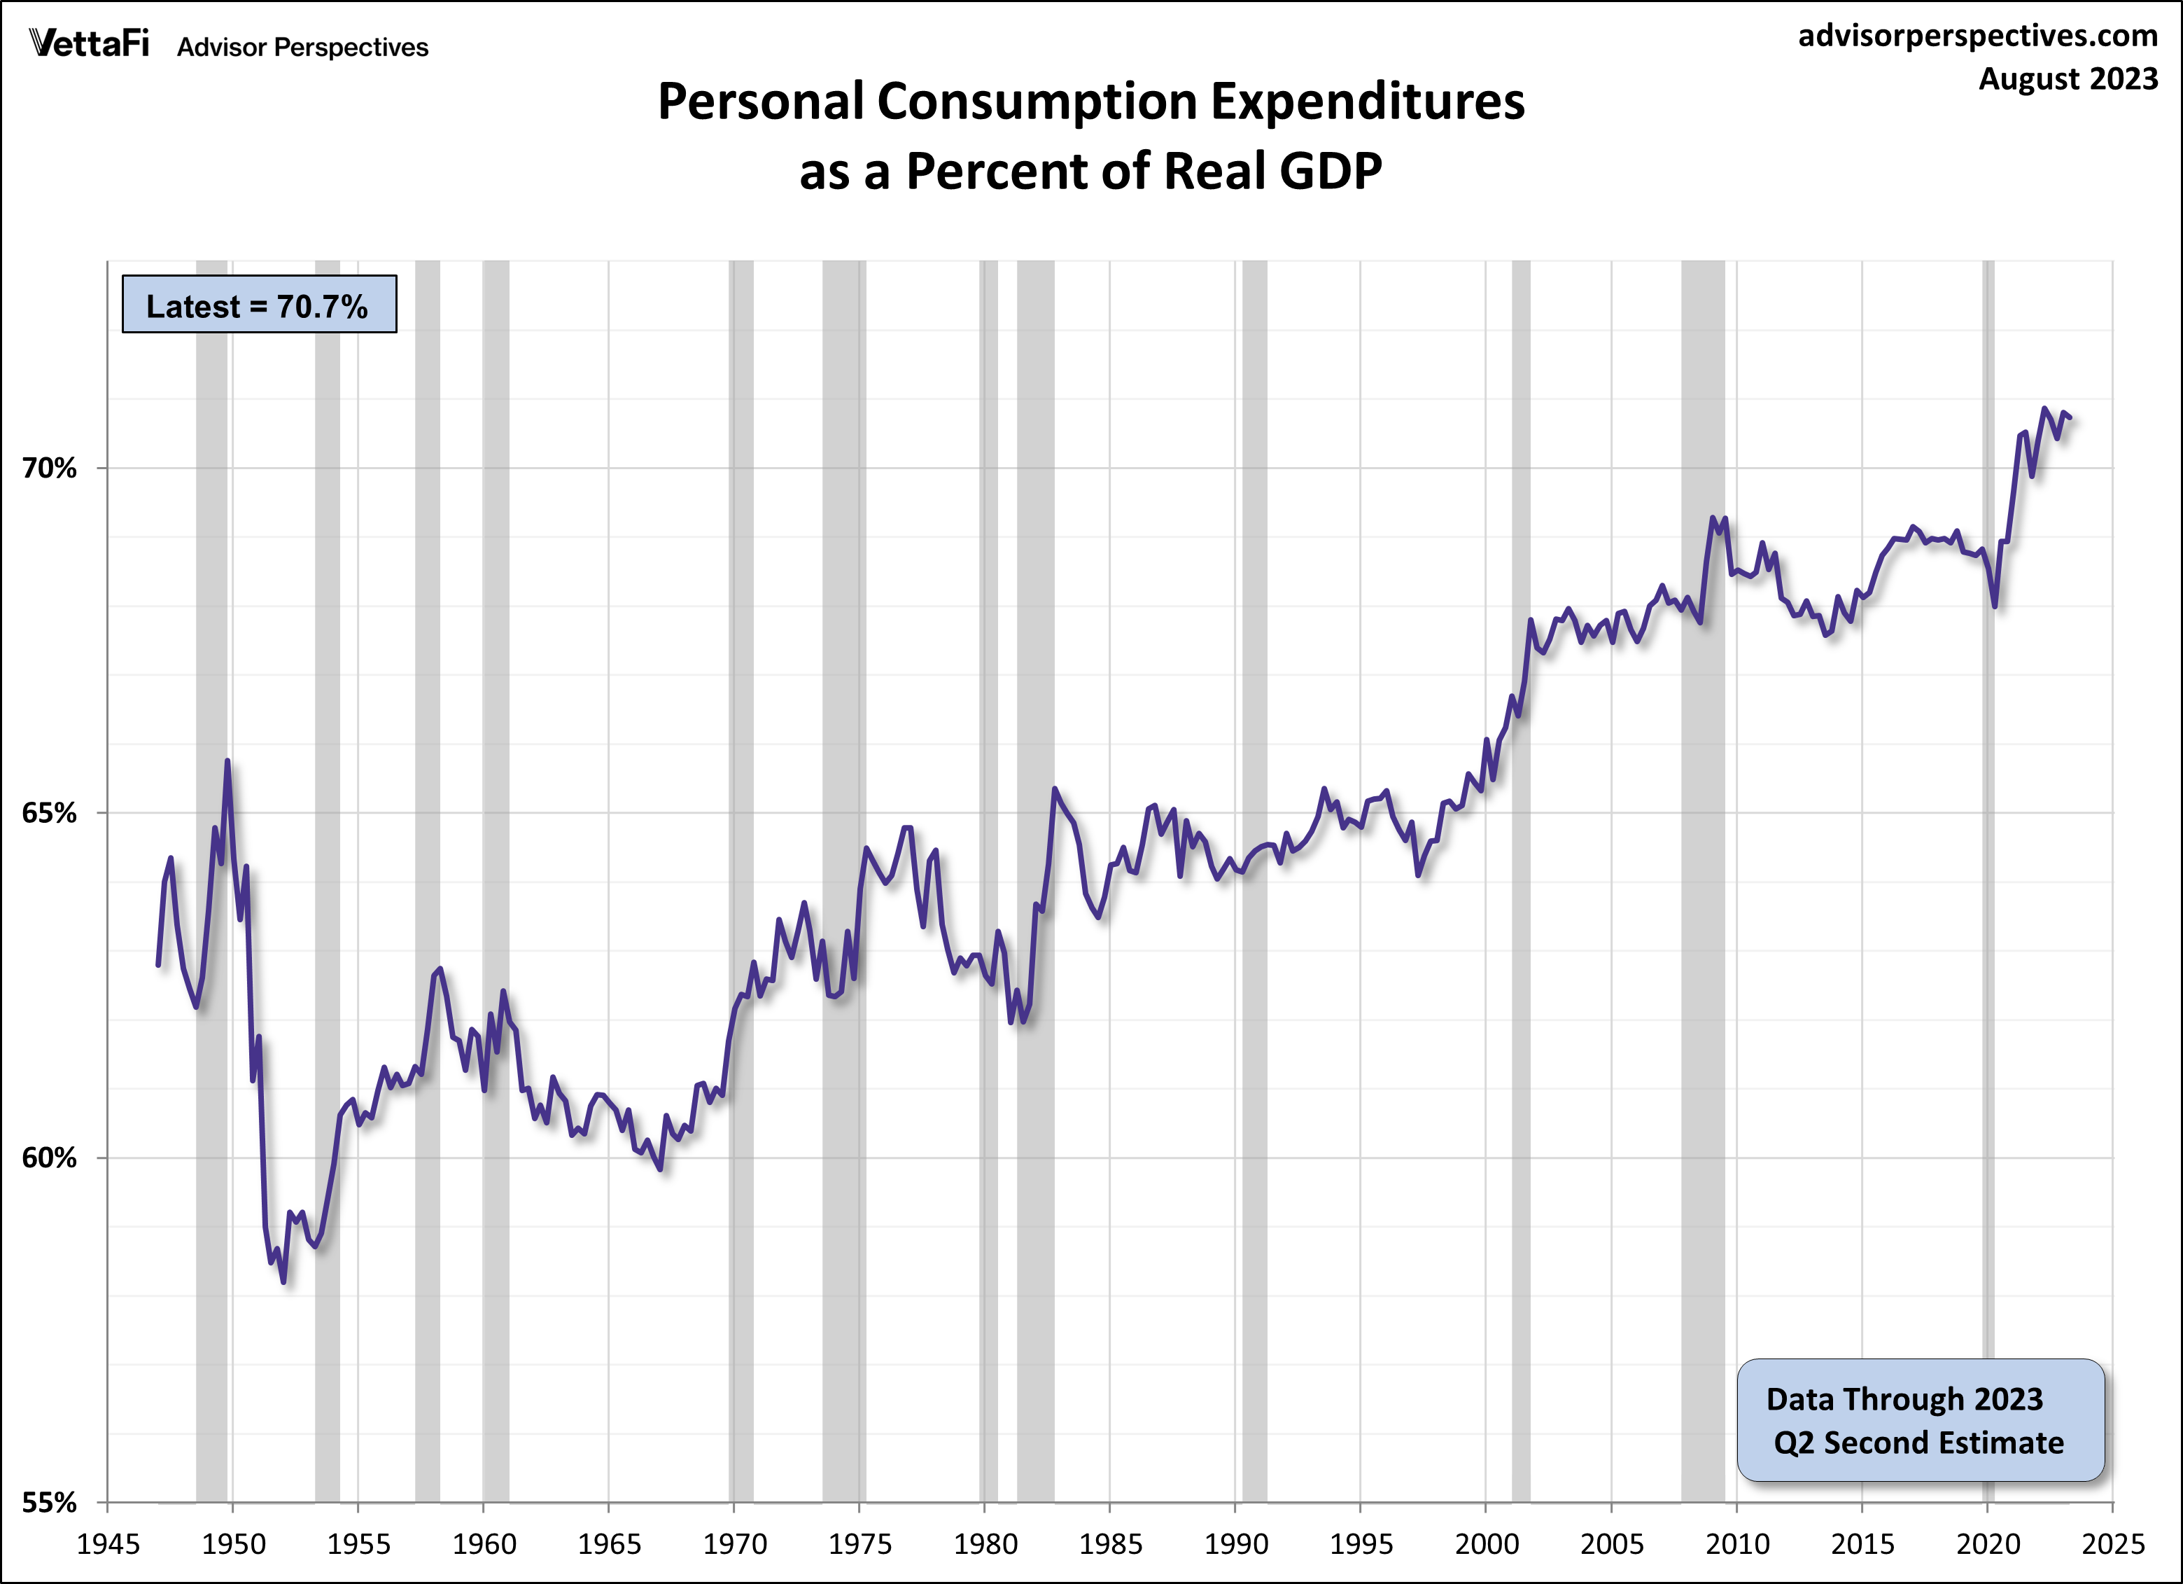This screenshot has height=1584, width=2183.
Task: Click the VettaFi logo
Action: click(x=90, y=43)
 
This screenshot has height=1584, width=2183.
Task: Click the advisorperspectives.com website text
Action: click(x=1977, y=36)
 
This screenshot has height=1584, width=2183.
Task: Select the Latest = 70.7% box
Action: click(x=258, y=305)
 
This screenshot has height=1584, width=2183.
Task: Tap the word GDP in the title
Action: click(x=1331, y=172)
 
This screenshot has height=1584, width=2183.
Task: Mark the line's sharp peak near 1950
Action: click(x=227, y=762)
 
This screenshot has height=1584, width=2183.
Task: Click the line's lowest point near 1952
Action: click(x=283, y=1281)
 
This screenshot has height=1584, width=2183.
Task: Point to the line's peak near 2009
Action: click(x=1713, y=518)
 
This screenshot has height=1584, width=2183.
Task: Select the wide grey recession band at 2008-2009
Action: click(x=1703, y=867)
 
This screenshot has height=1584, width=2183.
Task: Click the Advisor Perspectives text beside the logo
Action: click(x=302, y=47)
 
